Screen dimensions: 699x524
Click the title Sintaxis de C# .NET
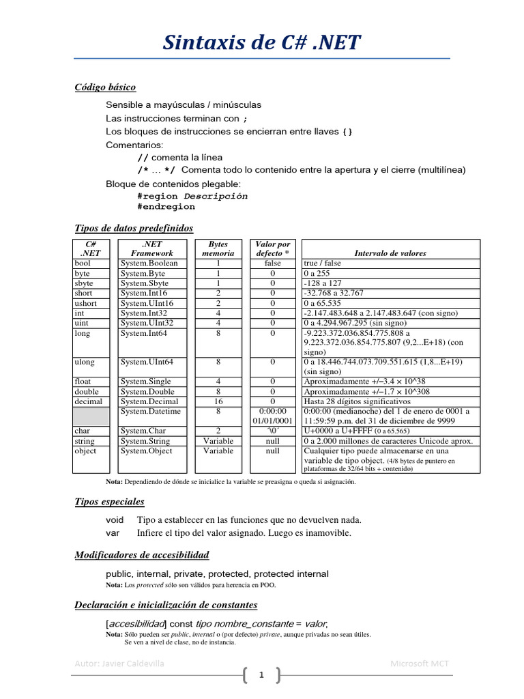(261, 42)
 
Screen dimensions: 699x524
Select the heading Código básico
(105, 87)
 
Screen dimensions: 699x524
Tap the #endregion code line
(166, 206)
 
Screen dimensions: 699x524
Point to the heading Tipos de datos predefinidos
(134, 228)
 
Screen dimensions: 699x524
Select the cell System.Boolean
(149, 263)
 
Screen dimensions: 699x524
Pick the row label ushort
(85, 303)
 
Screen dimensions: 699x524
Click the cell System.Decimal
(150, 402)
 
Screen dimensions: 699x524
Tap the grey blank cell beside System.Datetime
(91, 416)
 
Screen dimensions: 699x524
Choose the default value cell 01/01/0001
(272, 421)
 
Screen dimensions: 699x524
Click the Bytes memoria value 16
(218, 402)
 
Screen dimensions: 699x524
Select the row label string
(85, 441)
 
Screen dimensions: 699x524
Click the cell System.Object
(147, 451)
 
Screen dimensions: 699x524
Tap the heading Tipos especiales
(109, 502)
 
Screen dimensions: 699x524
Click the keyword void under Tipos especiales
(115, 520)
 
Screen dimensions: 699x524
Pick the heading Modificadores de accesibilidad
(142, 555)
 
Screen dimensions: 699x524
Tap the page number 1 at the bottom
(261, 676)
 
